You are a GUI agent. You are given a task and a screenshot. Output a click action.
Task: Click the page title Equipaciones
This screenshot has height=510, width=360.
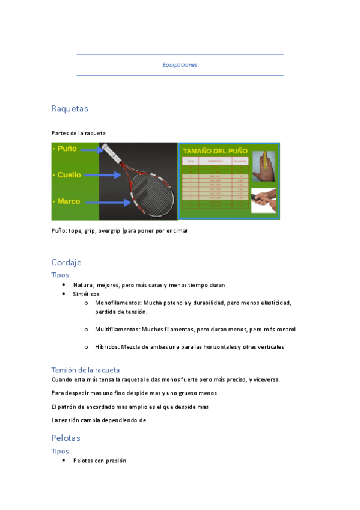point(180,65)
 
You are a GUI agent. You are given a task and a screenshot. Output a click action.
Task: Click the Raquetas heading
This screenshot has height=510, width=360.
point(70,109)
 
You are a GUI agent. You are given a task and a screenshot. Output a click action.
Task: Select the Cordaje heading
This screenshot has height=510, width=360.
point(66,262)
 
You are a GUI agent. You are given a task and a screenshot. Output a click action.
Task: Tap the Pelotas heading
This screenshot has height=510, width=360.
point(66,438)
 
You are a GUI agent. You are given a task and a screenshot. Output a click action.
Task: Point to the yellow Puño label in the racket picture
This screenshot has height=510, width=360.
point(66,149)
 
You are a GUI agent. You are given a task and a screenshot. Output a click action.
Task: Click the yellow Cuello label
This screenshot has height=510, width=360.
point(70,175)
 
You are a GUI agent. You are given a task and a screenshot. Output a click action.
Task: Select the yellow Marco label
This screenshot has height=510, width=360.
point(68,201)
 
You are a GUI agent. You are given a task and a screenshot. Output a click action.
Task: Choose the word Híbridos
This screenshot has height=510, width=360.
point(107,347)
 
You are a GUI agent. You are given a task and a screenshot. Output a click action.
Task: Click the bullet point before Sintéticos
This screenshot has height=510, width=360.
point(64,294)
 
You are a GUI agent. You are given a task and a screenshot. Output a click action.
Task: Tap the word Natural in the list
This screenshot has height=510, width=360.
point(84,285)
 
